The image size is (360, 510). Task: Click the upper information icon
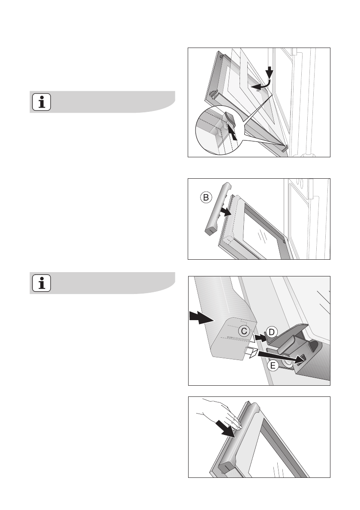pyautogui.click(x=41, y=102)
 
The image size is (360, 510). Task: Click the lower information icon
pyautogui.click(x=41, y=283)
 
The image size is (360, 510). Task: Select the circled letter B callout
pyautogui.click(x=206, y=198)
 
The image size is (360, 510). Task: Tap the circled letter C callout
pyautogui.click(x=244, y=331)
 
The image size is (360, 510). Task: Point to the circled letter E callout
pyautogui.click(x=273, y=366)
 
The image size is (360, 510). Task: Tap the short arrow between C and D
pyautogui.click(x=261, y=338)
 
